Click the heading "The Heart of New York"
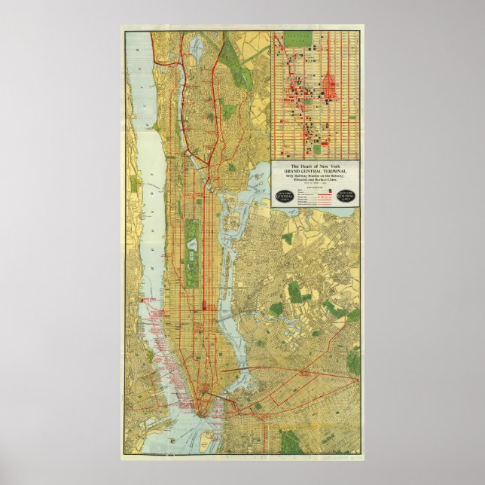point(315,165)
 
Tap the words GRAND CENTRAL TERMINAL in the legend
point(315,171)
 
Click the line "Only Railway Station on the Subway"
point(315,176)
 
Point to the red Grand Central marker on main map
point(204,305)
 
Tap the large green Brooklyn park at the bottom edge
point(290,441)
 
